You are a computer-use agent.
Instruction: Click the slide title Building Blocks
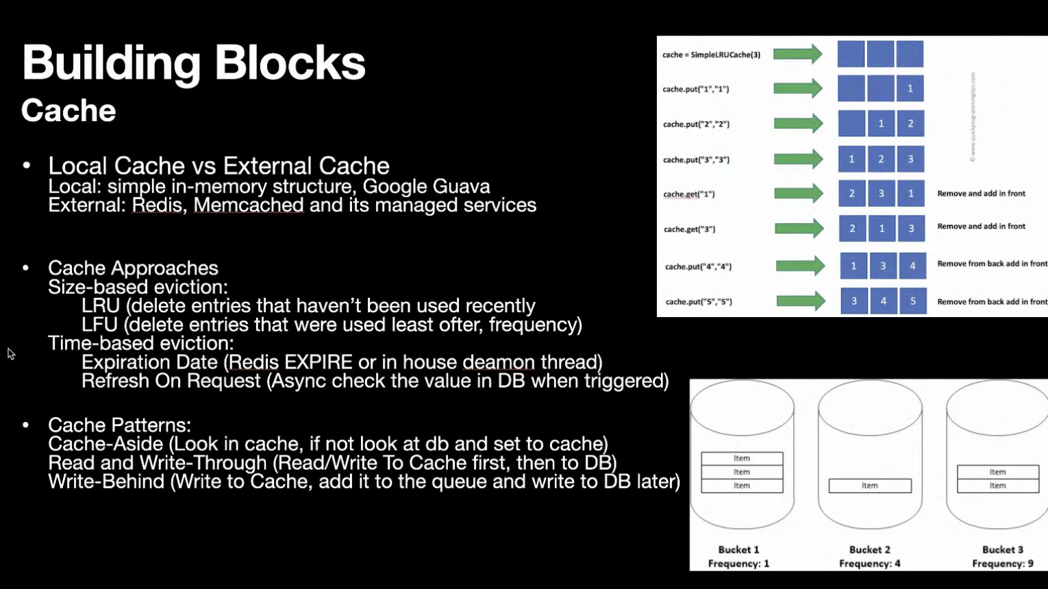193,63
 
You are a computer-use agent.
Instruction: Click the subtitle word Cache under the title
68,111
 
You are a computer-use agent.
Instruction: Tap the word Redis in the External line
157,205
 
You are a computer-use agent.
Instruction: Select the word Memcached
248,205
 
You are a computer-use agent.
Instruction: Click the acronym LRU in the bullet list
100,305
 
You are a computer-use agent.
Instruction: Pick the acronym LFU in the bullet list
100,325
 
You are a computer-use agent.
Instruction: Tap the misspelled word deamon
498,362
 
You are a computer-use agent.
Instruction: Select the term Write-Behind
106,481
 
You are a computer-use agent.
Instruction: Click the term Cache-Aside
105,444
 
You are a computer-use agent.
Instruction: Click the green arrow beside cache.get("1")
798,194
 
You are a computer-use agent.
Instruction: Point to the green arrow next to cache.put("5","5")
800,301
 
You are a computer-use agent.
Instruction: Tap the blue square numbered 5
912,301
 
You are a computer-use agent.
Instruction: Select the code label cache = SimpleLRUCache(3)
711,55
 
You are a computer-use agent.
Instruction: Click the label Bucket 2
869,549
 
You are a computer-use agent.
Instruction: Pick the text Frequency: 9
1002,564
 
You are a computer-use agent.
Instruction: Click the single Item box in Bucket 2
870,486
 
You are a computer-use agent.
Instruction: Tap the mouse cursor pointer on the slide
11,353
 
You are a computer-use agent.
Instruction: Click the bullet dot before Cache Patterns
26,425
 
